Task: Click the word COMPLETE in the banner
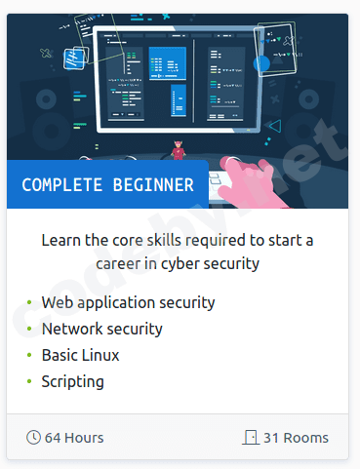pyautogui.click(x=62, y=185)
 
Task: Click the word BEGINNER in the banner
pyautogui.click(x=153, y=185)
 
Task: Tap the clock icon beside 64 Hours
pyautogui.click(x=33, y=437)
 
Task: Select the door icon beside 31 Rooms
pyautogui.click(x=251, y=437)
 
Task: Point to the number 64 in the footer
pyautogui.click(x=53, y=438)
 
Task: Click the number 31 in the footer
pyautogui.click(x=271, y=438)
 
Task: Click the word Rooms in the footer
pyautogui.click(x=306, y=438)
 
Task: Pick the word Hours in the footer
pyautogui.click(x=84, y=438)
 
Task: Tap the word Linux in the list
pyautogui.click(x=100, y=355)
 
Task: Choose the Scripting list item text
pyautogui.click(x=73, y=382)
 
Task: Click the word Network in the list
pyautogui.click(x=72, y=329)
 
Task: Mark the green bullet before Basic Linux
pyautogui.click(x=29, y=355)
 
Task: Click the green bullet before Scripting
pyautogui.click(x=29, y=381)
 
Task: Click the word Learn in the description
pyautogui.click(x=61, y=241)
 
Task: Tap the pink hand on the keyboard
pyautogui.click(x=252, y=182)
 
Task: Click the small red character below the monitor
pyautogui.click(x=178, y=150)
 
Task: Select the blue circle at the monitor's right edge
pyautogui.click(x=261, y=63)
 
